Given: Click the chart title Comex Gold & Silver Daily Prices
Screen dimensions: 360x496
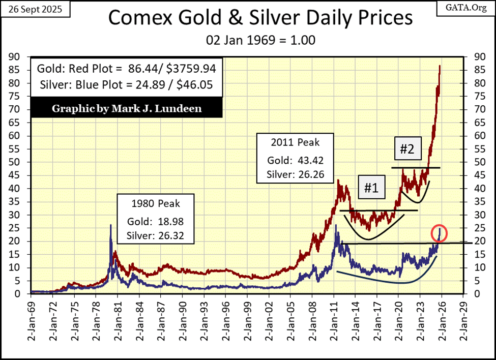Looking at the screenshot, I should point(260,18).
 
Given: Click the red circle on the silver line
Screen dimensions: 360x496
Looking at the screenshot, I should point(440,233).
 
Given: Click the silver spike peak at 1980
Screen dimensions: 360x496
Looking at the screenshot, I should point(111,225).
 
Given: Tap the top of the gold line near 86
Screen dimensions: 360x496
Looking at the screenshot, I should point(440,66).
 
